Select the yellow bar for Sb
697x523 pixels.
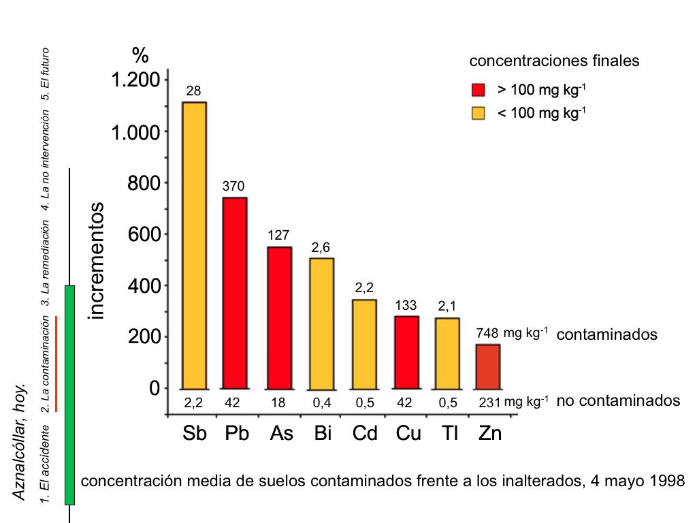tap(194, 245)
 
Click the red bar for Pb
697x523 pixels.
tap(236, 293)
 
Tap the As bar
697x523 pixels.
tap(279, 317)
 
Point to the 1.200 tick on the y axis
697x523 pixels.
tap(135, 80)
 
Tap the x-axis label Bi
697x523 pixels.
tap(323, 434)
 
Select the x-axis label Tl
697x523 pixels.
tap(448, 434)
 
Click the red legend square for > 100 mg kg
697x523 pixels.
tap(479, 90)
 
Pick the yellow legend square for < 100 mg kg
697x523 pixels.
tap(479, 112)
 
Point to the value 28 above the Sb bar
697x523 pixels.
tap(194, 91)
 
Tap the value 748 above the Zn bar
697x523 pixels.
tap(487, 334)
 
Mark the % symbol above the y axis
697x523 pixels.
tap(140, 54)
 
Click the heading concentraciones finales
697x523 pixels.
tap(554, 61)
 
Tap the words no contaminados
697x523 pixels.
tap(618, 401)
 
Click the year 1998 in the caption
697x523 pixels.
tap(666, 481)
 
